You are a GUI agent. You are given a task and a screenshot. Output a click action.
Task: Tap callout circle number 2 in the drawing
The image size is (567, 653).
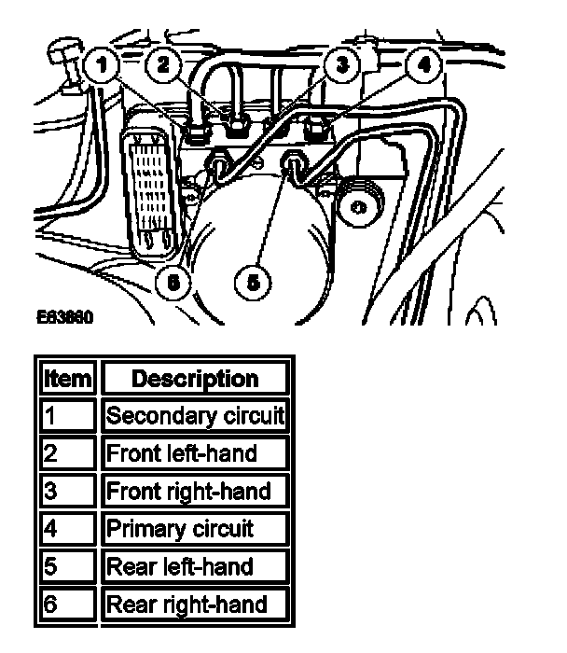164,65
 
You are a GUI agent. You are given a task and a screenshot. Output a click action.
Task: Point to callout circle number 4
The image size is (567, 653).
424,67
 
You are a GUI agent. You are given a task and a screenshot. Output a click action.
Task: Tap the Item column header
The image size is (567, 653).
66,379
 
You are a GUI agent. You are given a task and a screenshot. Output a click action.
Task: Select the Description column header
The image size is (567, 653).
195,379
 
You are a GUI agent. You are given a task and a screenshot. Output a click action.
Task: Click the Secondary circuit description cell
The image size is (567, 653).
195,416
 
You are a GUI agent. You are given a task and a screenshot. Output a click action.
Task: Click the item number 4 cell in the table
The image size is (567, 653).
66,529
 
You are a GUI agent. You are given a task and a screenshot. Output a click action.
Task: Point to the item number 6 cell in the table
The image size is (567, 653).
66,604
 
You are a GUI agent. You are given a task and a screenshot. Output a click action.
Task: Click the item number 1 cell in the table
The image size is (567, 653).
66,416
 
